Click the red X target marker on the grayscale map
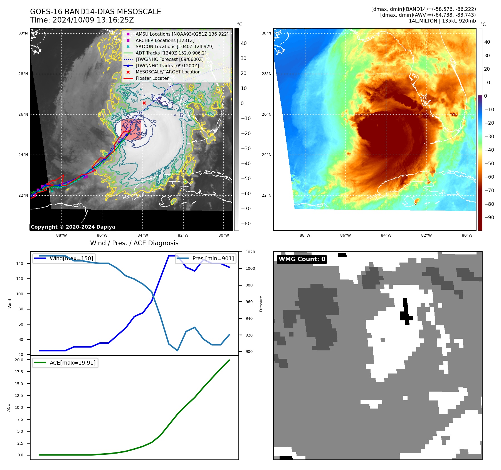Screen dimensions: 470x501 tap(144, 103)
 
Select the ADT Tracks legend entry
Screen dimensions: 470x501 tap(171, 53)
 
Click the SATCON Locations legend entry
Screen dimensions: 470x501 tap(174, 46)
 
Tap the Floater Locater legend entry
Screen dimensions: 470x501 tap(152, 78)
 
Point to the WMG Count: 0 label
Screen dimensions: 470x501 tap(302, 259)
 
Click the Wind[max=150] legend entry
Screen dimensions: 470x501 tap(71, 258)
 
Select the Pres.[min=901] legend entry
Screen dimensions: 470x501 tap(213, 258)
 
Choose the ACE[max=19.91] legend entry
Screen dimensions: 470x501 tap(72, 363)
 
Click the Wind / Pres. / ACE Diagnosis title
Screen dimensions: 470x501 tap(134, 243)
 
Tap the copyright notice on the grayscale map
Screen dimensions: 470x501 tap(73, 227)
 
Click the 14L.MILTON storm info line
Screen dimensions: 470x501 tap(442, 21)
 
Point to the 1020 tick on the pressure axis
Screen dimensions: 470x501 tap(250, 252)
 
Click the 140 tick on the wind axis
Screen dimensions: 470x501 tap(20, 264)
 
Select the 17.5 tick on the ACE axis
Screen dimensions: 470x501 tap(19, 372)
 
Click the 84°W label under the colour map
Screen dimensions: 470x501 tap(386, 235)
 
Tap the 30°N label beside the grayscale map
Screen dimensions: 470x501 tap(23, 33)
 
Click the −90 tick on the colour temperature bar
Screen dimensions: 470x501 tap(489, 217)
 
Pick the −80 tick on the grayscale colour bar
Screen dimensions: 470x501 tap(246, 224)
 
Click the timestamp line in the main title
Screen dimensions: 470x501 tap(82, 20)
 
